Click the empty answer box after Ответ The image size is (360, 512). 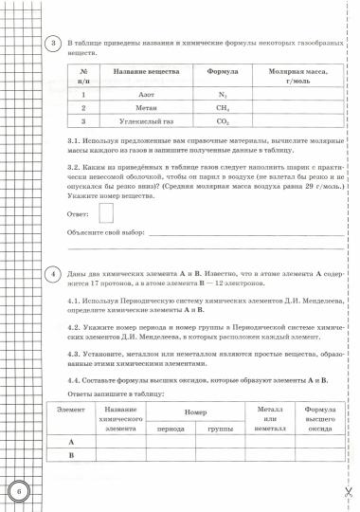[x=105, y=212]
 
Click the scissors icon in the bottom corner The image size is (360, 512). [x=348, y=492]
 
